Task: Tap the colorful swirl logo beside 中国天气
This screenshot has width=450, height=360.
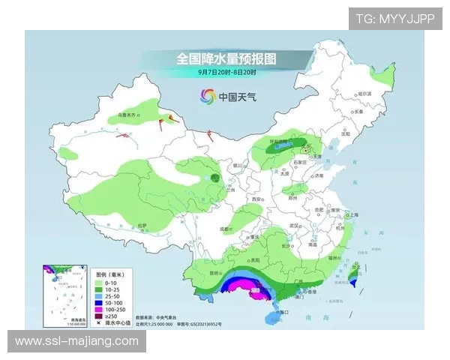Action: pos(207,96)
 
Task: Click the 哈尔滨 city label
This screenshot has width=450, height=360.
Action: pos(365,94)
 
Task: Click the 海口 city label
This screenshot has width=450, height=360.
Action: pos(281,311)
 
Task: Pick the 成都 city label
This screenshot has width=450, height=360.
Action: pos(225,227)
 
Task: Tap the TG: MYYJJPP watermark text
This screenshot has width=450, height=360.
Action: pos(395,18)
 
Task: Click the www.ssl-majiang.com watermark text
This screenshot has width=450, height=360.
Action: pos(77,341)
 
